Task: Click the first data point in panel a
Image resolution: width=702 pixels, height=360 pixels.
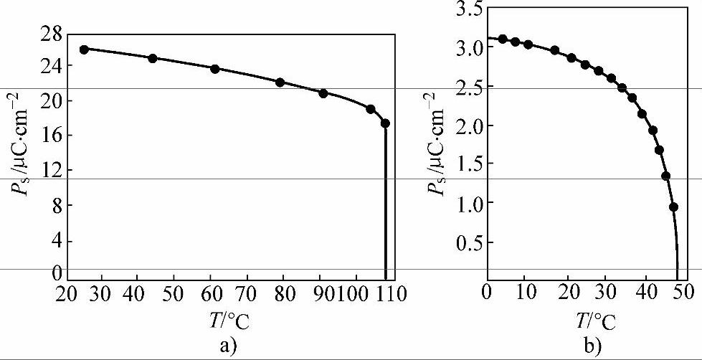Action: [x=84, y=49]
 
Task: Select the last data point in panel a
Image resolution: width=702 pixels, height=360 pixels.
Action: [x=385, y=123]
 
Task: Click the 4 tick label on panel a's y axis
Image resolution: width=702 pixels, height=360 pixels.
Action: [x=56, y=240]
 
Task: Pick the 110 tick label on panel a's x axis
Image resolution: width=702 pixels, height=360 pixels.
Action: [x=392, y=293]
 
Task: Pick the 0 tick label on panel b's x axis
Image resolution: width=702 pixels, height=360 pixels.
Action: [x=488, y=293]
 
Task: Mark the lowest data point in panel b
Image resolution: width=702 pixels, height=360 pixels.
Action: [x=673, y=207]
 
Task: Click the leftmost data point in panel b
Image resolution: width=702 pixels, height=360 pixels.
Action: [x=503, y=39]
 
